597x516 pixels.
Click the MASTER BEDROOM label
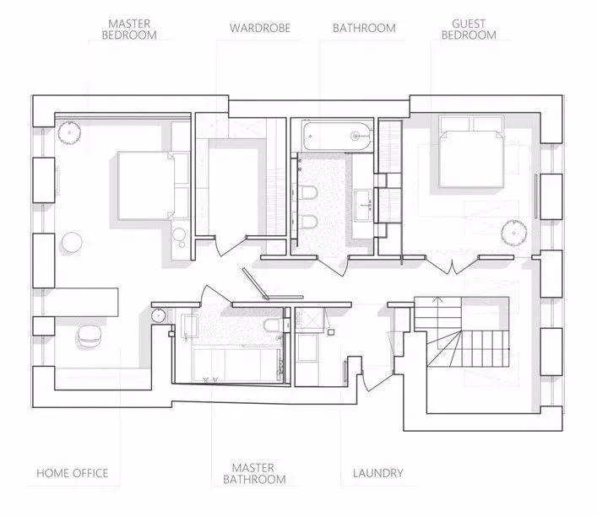129,30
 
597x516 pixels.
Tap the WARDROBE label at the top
260,28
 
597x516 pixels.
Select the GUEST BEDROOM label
469,30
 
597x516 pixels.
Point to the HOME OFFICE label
73,473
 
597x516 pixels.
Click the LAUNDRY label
377,473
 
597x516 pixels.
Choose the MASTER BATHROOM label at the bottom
254,473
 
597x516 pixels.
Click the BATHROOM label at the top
364,28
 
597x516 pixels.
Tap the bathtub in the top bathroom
337,136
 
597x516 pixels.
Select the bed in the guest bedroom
472,151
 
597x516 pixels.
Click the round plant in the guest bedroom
513,233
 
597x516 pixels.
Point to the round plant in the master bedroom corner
69,132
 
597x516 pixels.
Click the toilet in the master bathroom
274,325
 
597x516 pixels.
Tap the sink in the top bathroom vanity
364,206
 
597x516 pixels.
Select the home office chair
90,336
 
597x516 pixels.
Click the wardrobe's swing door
221,246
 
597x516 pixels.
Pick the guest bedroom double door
452,265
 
